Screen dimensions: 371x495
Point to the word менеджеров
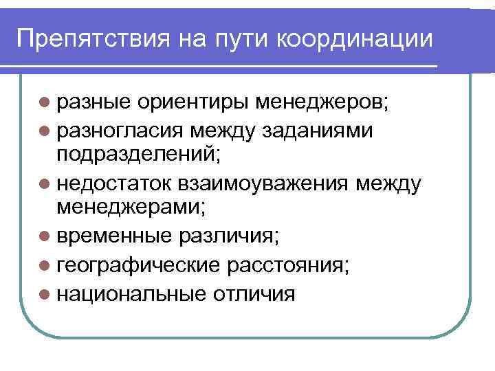[322, 103]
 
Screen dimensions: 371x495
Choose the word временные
[114, 237]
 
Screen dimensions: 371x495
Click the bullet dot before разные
[45, 103]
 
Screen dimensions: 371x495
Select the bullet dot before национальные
[45, 293]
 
